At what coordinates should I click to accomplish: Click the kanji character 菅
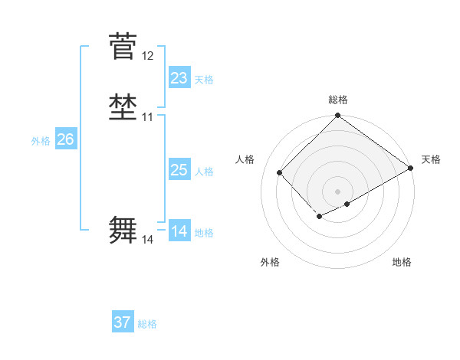coord(123,47)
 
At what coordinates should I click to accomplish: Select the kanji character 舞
coord(123,231)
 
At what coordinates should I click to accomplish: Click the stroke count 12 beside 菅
coord(148,56)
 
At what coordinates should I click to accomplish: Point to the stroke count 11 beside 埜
coord(148,117)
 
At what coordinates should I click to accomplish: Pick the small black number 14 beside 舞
coord(148,240)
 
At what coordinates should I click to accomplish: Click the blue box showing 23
coord(179,78)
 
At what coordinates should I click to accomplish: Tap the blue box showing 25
coord(179,170)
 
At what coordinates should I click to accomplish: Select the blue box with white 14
coord(179,231)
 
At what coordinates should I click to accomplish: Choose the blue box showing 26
coord(66,139)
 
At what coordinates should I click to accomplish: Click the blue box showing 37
coord(123,322)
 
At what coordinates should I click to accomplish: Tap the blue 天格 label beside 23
coord(204,80)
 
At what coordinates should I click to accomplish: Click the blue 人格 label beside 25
coord(204,172)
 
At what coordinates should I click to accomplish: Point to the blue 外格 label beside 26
coord(41,141)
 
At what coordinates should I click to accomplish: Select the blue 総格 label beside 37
coord(147,324)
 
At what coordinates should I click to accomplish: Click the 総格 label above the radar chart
coord(337,100)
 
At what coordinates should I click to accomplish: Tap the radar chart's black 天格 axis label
coord(431,159)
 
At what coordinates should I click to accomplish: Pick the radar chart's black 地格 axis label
coord(402,262)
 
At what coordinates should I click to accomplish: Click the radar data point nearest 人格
coord(280,172)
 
